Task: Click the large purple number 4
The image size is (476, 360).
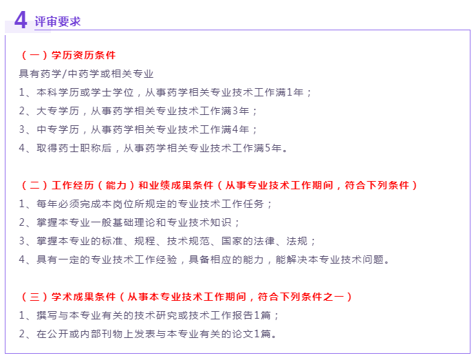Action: click(21, 20)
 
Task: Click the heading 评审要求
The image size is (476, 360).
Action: click(58, 21)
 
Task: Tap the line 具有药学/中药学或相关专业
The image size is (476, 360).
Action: click(86, 74)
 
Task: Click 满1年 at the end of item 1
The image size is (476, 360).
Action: click(292, 92)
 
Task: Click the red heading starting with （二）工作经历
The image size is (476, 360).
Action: click(220, 185)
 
